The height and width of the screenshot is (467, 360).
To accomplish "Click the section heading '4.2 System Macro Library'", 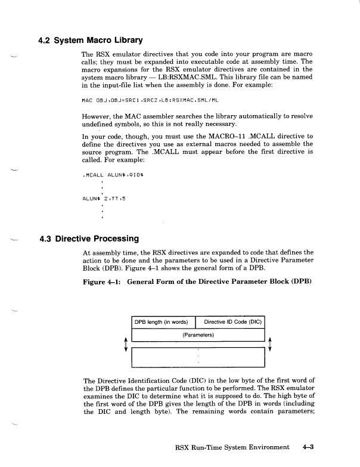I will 91,41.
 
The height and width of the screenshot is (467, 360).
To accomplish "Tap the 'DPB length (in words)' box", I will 163,323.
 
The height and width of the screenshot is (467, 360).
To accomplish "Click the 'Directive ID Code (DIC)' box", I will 229,323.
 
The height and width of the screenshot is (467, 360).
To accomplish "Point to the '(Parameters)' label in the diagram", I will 197,335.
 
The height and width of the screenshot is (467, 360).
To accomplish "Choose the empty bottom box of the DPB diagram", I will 197,358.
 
